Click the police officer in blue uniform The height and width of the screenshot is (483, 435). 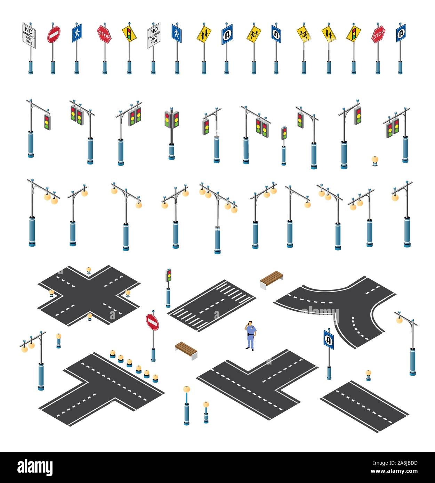250,336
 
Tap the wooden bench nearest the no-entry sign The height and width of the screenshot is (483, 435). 186,350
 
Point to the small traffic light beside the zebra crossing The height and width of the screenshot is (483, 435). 168,275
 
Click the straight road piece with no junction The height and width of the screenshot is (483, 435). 364,407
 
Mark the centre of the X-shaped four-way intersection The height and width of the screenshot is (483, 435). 89,295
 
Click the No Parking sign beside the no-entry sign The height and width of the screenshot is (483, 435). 29,35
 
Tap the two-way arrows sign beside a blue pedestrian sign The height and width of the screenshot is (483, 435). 203,34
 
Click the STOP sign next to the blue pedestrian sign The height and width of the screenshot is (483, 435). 104,34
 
